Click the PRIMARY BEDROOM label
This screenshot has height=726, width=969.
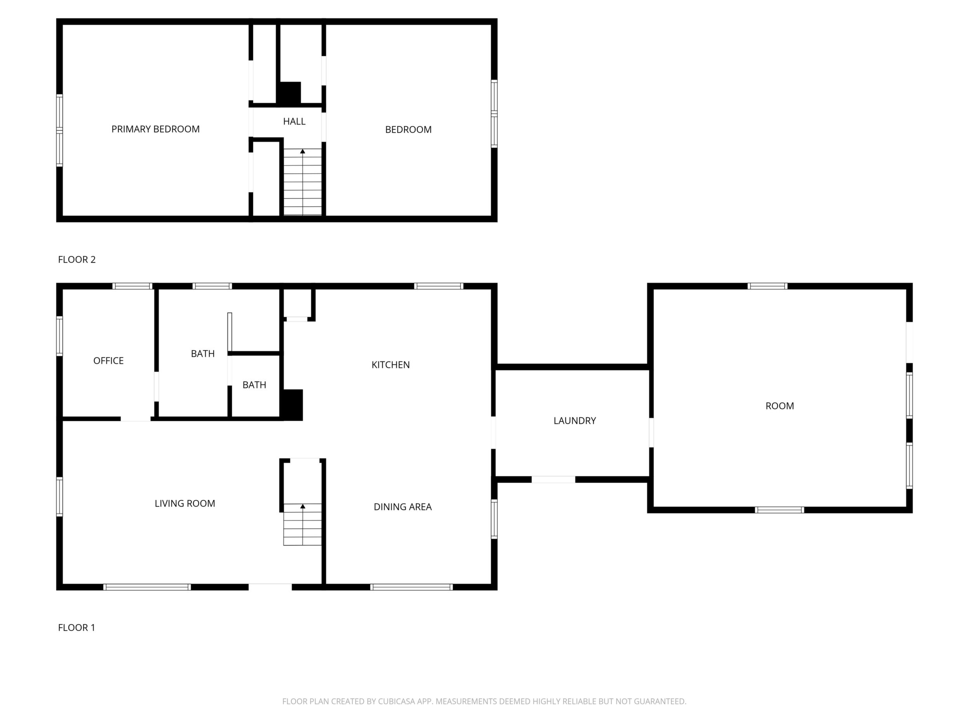(x=156, y=129)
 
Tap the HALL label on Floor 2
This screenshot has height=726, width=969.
(x=294, y=121)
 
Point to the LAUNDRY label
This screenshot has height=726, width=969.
(x=575, y=420)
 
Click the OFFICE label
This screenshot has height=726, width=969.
(x=109, y=361)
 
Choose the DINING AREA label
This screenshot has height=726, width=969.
(x=403, y=507)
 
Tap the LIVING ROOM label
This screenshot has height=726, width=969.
(x=185, y=503)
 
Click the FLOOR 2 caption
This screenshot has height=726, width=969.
(x=76, y=259)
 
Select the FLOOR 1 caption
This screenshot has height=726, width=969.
(x=76, y=627)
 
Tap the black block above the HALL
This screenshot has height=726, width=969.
(x=289, y=93)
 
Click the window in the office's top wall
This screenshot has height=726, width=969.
(x=132, y=286)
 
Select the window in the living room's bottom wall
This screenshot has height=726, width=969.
(x=147, y=587)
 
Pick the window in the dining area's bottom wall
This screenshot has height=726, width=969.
(x=412, y=587)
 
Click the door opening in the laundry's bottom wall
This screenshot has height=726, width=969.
(x=553, y=480)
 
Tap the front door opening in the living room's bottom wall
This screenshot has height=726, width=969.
(x=270, y=587)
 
